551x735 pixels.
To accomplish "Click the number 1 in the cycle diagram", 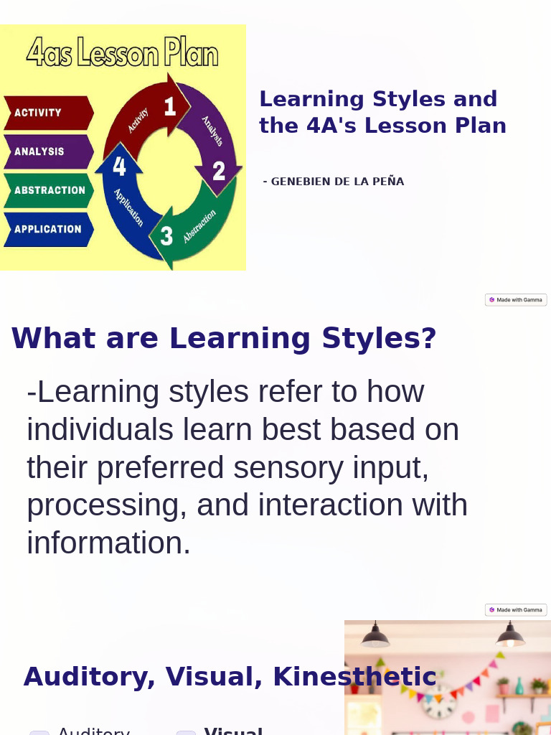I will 169,107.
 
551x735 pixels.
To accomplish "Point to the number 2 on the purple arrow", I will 218,171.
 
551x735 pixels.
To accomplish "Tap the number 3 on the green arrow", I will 166,235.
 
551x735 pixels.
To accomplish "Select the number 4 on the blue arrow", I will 119,167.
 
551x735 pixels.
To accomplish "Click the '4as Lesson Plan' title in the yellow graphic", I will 122,54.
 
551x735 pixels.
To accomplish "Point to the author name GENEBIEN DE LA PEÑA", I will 334,182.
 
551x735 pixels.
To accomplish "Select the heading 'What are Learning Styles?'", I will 224,338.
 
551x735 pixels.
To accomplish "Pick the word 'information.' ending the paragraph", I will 109,543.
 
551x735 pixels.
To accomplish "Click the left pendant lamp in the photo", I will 375,636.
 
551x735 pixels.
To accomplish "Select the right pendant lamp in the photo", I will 510,635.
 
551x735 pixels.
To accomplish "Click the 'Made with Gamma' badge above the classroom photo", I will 516,610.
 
